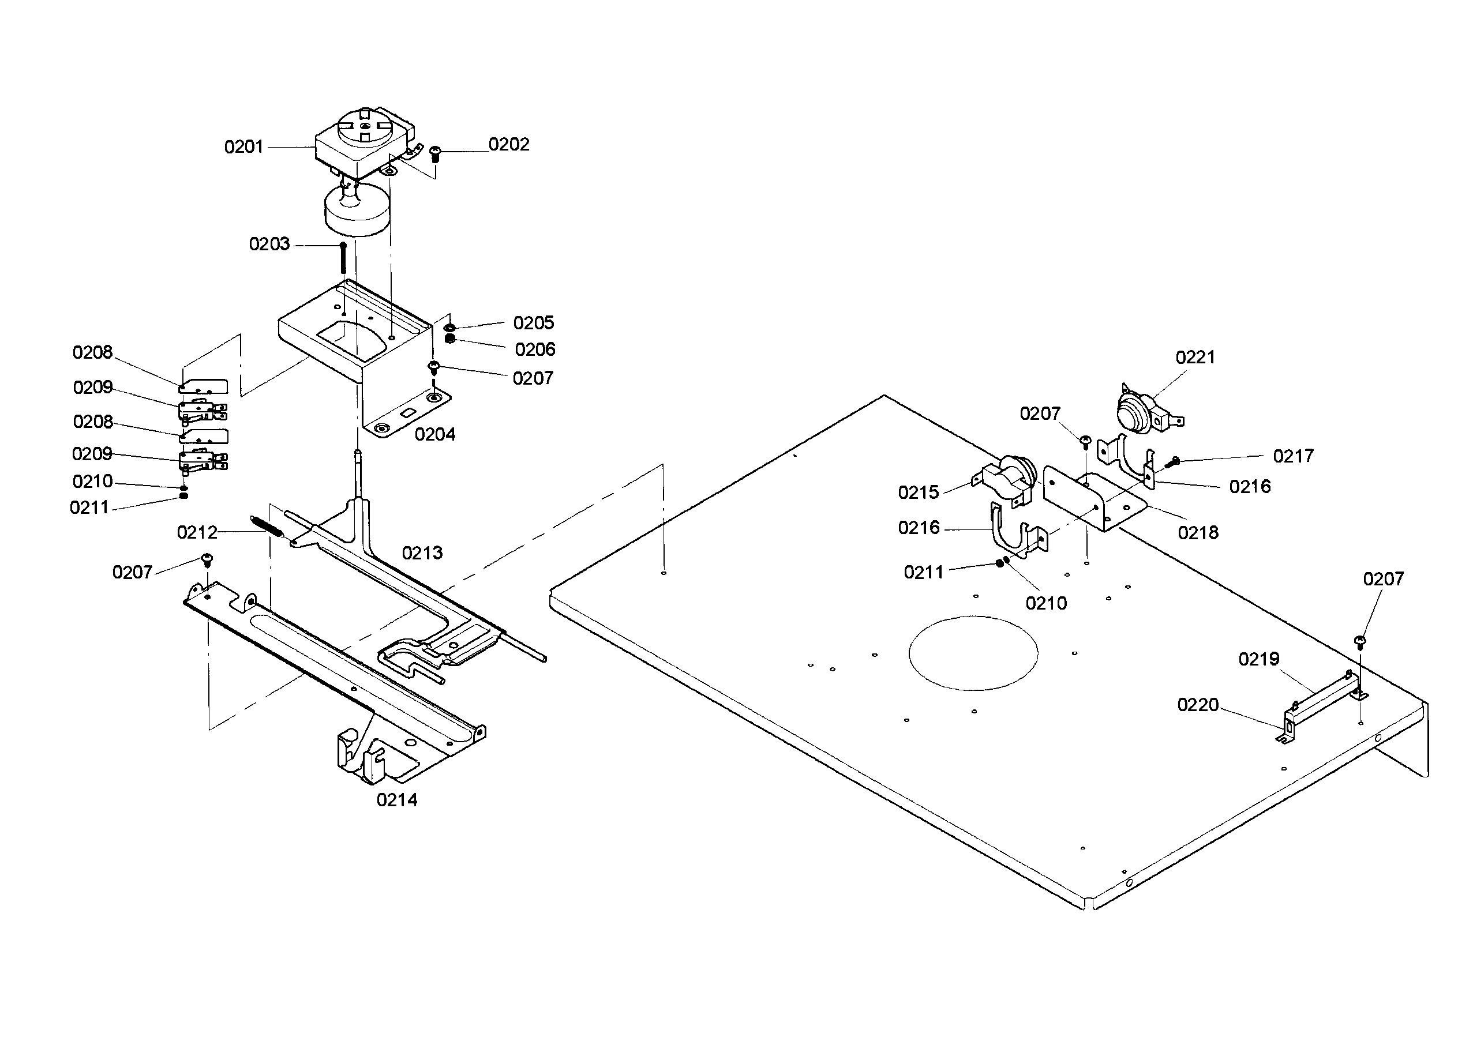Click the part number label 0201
pyautogui.click(x=243, y=148)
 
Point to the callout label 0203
pyautogui.click(x=269, y=245)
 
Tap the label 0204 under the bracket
pyautogui.click(x=434, y=435)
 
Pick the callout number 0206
pyautogui.click(x=534, y=350)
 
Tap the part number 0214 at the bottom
pyautogui.click(x=396, y=800)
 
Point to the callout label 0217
pyautogui.click(x=1293, y=456)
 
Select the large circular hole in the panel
pyautogui.click(x=973, y=653)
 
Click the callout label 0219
pyautogui.click(x=1258, y=660)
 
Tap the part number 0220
pyautogui.click(x=1197, y=705)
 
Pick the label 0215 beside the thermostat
pyautogui.click(x=918, y=493)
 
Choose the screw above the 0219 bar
pyautogui.click(x=1360, y=641)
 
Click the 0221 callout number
pyautogui.click(x=1195, y=358)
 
